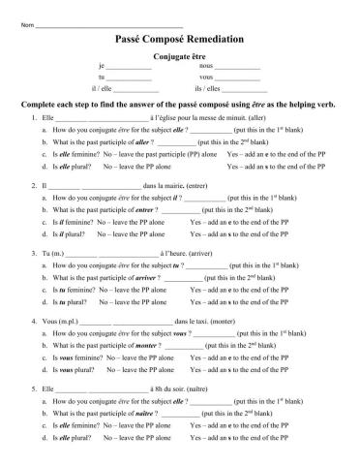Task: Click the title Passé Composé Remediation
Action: pos(179,38)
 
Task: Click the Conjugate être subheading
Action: pos(179,56)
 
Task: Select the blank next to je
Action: pos(129,66)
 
